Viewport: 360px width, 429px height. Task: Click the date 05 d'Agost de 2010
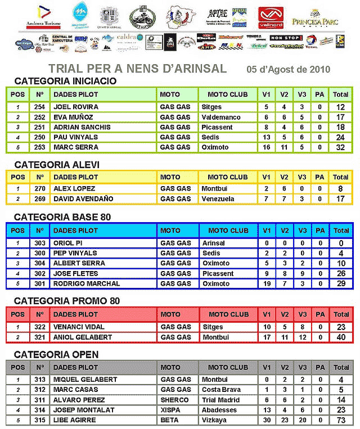point(289,69)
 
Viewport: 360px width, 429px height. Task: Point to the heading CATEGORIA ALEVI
point(57,164)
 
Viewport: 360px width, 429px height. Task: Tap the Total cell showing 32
point(340,147)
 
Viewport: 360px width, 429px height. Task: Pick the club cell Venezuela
point(218,199)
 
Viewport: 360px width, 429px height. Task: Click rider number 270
point(39,189)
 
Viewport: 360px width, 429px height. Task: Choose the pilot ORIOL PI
point(69,243)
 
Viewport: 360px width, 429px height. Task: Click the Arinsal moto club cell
point(213,243)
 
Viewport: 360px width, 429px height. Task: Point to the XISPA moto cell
point(171,410)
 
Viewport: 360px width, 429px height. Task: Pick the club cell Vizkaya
point(214,421)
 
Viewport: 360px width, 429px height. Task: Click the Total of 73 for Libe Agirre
point(340,421)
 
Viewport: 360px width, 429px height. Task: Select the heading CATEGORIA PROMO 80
point(67,301)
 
